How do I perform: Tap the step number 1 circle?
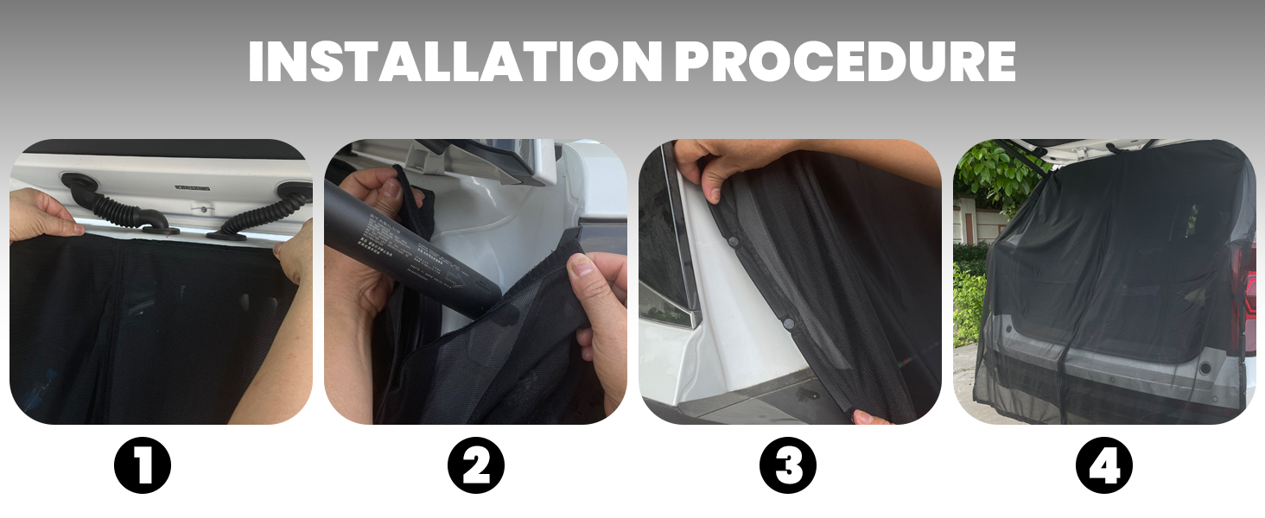click(143, 467)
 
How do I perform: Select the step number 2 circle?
click(475, 467)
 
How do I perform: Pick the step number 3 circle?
click(788, 467)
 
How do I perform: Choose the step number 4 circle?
click(1103, 467)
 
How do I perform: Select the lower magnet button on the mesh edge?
click(788, 322)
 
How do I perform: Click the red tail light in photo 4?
click(1245, 285)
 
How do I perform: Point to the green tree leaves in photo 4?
click(994, 173)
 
